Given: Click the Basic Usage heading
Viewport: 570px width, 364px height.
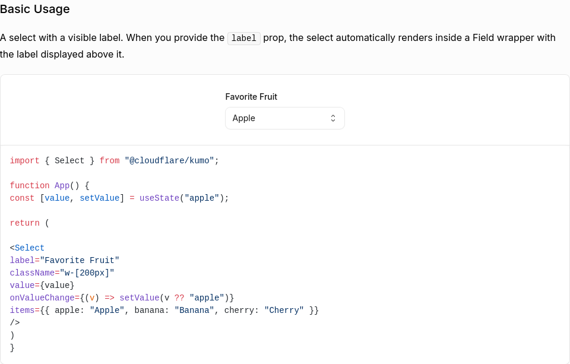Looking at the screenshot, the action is pyautogui.click(x=35, y=10).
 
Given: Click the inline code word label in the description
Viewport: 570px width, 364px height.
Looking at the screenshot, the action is pyautogui.click(x=243, y=38).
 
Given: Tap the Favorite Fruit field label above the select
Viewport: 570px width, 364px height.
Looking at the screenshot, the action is pyautogui.click(x=251, y=97).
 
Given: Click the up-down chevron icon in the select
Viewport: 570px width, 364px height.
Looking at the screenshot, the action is pyautogui.click(x=333, y=118).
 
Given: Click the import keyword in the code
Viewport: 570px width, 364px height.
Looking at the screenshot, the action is pyautogui.click(x=24, y=160).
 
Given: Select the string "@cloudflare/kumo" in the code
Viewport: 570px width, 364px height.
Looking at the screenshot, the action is pyautogui.click(x=169, y=160).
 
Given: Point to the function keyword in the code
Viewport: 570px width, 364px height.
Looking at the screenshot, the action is pyautogui.click(x=30, y=185).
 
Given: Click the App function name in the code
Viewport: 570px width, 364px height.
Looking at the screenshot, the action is pyautogui.click(x=62, y=185).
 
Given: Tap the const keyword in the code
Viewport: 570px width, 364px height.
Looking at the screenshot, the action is pyautogui.click(x=22, y=198).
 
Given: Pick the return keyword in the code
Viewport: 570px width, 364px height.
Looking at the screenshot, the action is pyautogui.click(x=24, y=223).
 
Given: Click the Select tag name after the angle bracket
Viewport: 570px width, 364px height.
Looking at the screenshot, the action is pyautogui.click(x=30, y=248).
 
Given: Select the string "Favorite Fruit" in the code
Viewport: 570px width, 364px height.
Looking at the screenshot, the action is pyautogui.click(x=80, y=260).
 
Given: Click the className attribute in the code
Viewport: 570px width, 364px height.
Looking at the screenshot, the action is pyautogui.click(x=32, y=273).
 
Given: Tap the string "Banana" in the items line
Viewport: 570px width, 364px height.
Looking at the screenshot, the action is pyautogui.click(x=194, y=310).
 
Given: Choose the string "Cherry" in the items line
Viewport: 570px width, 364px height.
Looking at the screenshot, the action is pyautogui.click(x=284, y=310).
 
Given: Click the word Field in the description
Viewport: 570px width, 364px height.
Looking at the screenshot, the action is pyautogui.click(x=484, y=38).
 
